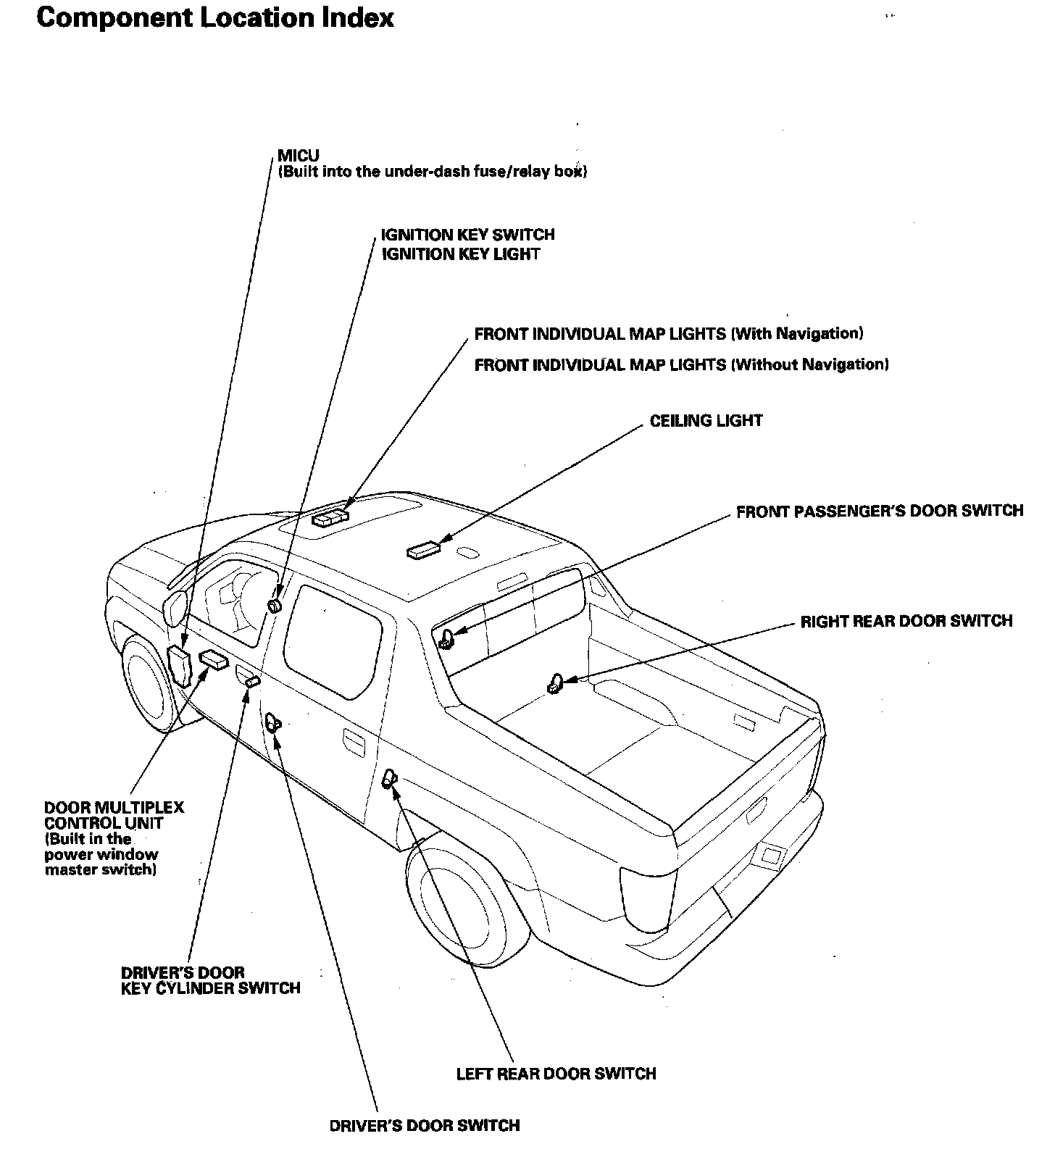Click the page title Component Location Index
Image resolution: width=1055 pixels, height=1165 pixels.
click(214, 17)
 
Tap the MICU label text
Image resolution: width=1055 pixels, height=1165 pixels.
click(298, 156)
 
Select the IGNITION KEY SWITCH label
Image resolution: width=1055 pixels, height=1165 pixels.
click(467, 235)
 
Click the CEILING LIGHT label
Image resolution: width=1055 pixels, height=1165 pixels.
click(706, 421)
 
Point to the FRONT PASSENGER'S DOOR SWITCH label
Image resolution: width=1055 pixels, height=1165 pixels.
click(880, 511)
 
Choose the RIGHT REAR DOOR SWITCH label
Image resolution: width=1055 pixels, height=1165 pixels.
click(906, 621)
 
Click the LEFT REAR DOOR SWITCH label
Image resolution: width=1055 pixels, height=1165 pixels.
click(556, 1074)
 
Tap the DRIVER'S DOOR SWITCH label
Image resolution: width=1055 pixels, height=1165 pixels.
click(424, 1125)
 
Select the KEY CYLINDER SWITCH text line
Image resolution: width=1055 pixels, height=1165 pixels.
click(210, 988)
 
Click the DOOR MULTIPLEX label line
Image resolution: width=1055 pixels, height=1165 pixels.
click(114, 807)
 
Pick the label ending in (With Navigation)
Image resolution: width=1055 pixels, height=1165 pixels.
click(668, 334)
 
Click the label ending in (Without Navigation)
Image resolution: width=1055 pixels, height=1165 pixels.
click(681, 364)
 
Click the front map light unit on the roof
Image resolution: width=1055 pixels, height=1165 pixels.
click(330, 518)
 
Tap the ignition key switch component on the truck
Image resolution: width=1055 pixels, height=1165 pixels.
click(275, 605)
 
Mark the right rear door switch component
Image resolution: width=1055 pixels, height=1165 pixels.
click(555, 684)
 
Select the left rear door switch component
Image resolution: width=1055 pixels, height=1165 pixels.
click(389, 778)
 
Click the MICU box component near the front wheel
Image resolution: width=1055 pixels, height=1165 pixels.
click(179, 664)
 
